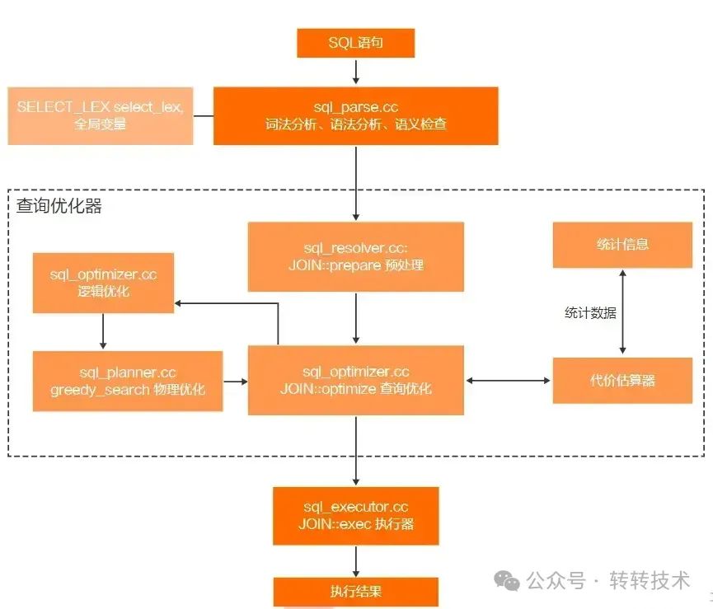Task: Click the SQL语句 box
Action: (x=355, y=44)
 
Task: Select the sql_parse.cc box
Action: (x=355, y=116)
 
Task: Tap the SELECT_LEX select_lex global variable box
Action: (x=100, y=115)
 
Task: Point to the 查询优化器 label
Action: (x=59, y=206)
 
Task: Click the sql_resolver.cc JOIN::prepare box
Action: (x=355, y=256)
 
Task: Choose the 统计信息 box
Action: (x=622, y=244)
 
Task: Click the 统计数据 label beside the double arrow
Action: (x=590, y=313)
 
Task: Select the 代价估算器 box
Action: (x=622, y=380)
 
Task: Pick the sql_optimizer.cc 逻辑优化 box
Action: (x=103, y=283)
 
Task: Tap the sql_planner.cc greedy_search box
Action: (x=128, y=381)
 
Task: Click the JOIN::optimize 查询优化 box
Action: (x=355, y=380)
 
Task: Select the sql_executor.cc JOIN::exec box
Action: (x=355, y=515)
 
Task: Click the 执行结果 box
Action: (x=355, y=591)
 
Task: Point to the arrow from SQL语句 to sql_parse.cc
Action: (x=355, y=73)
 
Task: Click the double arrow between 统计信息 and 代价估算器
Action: (x=622, y=313)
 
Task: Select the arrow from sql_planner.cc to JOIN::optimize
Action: (x=236, y=381)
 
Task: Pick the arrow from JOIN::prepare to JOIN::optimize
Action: (x=355, y=318)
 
